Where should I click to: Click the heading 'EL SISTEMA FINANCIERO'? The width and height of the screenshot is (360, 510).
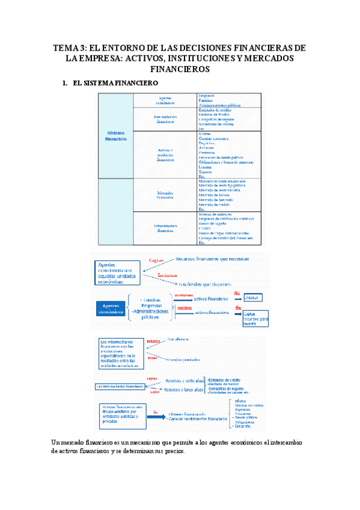tap(115, 82)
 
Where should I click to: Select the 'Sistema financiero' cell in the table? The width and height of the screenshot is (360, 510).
tap(116, 136)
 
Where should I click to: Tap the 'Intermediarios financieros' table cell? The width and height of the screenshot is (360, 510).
tap(165, 119)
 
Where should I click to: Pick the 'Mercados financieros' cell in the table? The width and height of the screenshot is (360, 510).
tap(165, 195)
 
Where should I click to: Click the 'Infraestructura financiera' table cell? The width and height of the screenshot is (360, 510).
tap(165, 228)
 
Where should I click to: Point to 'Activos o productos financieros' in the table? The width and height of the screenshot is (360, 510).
tap(165, 155)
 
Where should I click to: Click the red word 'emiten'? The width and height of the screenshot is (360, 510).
tap(185, 308)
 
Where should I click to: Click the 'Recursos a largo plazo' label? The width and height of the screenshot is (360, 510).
tap(183, 390)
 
